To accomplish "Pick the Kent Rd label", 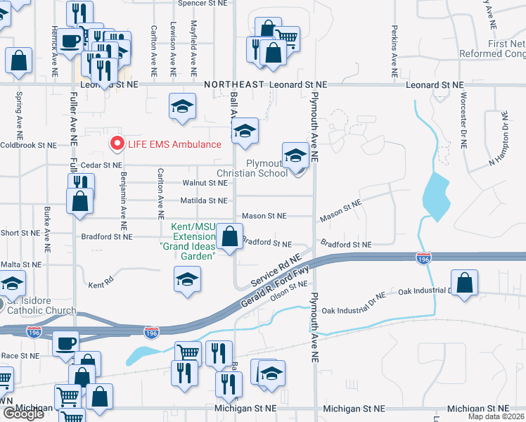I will click(x=101, y=285).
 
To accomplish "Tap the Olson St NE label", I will click(x=289, y=290).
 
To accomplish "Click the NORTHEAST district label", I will click(x=234, y=84).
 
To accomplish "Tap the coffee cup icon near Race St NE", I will click(x=67, y=344).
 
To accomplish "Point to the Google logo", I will click(x=23, y=414).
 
